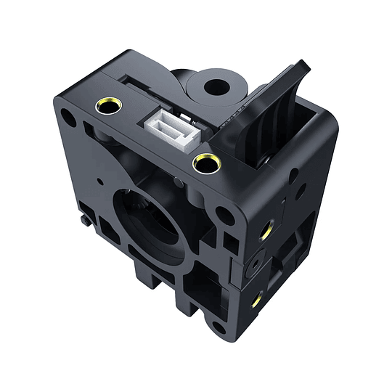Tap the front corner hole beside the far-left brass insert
67,115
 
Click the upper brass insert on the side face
267,232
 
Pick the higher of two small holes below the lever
293,173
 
